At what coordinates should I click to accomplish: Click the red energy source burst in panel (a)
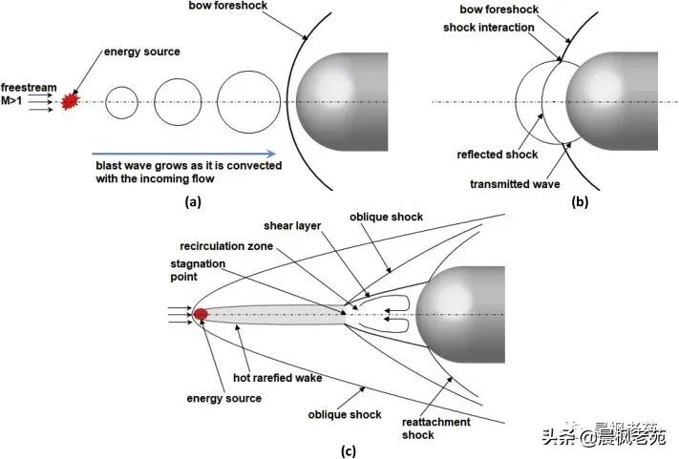click(x=69, y=100)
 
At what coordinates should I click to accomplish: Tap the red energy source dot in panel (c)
click(x=201, y=314)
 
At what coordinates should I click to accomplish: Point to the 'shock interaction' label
click(x=489, y=27)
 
